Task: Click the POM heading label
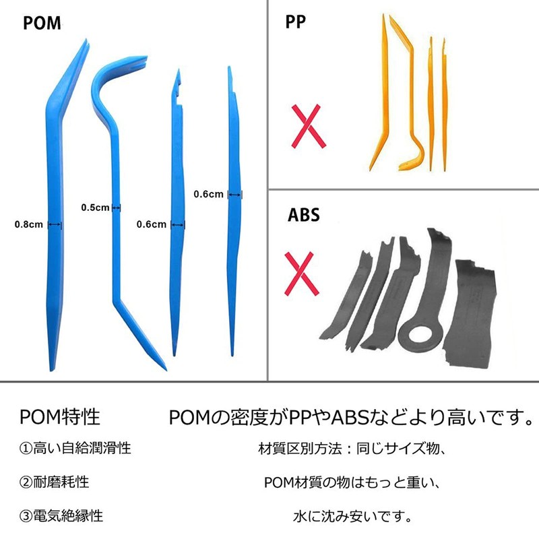[42, 23]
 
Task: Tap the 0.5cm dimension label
[94, 208]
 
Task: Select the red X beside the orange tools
[308, 126]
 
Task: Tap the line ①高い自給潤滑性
[74, 449]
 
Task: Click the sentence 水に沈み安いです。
[352, 517]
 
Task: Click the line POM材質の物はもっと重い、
[352, 482]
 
